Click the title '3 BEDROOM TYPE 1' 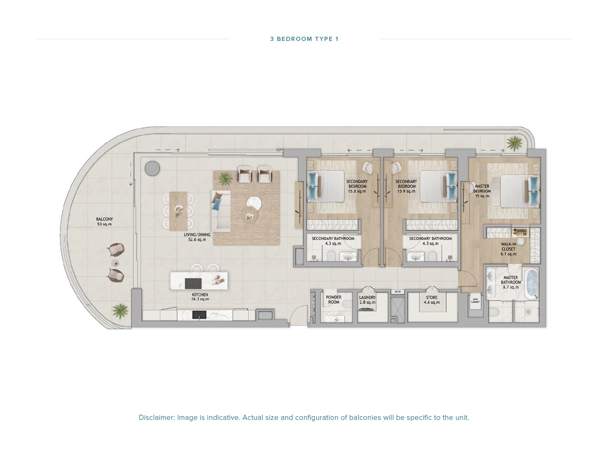click(304, 39)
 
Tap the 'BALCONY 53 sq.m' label click(104, 222)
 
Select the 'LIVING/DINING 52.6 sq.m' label click(197, 237)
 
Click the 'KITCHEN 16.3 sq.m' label click(200, 297)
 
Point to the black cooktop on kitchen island click(193, 283)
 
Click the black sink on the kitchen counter click(199, 315)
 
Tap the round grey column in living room click(152, 168)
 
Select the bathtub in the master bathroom click(532, 284)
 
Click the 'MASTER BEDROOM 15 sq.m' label click(482, 191)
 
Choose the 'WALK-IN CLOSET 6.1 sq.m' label click(508, 249)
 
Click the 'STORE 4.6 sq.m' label click(432, 300)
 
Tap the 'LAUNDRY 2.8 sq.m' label click(367, 300)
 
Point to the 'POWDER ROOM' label click(333, 300)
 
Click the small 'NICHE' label click(398, 292)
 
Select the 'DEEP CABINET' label click(475, 301)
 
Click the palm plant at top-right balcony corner click(514, 143)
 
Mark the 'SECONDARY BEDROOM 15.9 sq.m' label click(406, 186)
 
